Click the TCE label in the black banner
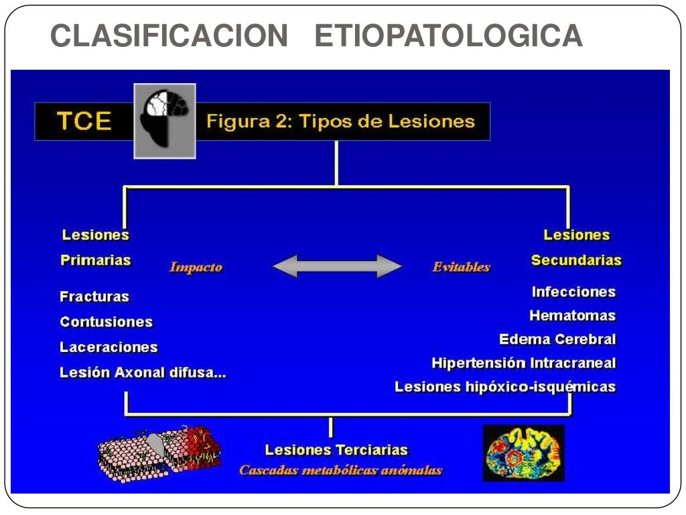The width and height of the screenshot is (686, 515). pos(84,121)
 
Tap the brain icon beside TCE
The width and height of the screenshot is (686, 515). pos(165,121)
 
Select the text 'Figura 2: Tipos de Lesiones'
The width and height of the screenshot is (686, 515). pos(340,121)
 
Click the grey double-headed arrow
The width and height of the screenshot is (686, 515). pos(337,266)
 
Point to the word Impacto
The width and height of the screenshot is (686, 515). pos(196,267)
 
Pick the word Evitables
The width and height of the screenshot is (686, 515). pos(461,267)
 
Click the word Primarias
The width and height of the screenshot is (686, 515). pos(95,260)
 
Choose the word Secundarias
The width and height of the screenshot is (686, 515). pos(576,260)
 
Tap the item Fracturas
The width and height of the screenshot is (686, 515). pos(94,296)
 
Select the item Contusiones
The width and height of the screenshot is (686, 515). pos(106,322)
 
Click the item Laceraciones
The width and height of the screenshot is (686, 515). pos(109,347)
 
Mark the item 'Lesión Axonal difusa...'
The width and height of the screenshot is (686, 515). pos(143,373)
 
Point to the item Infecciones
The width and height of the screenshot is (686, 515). pos(573,292)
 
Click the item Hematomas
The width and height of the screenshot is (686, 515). pos(572,315)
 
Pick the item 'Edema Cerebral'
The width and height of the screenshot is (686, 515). pos(557,339)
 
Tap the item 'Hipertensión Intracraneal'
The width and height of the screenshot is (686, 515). pos(523,363)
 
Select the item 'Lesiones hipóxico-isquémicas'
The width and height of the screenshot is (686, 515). pos(505,387)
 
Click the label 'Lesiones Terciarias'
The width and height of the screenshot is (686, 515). pos(336,450)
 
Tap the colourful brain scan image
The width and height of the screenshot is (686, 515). pos(523,453)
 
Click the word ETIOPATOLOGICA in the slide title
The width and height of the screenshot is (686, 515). pos(448,36)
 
